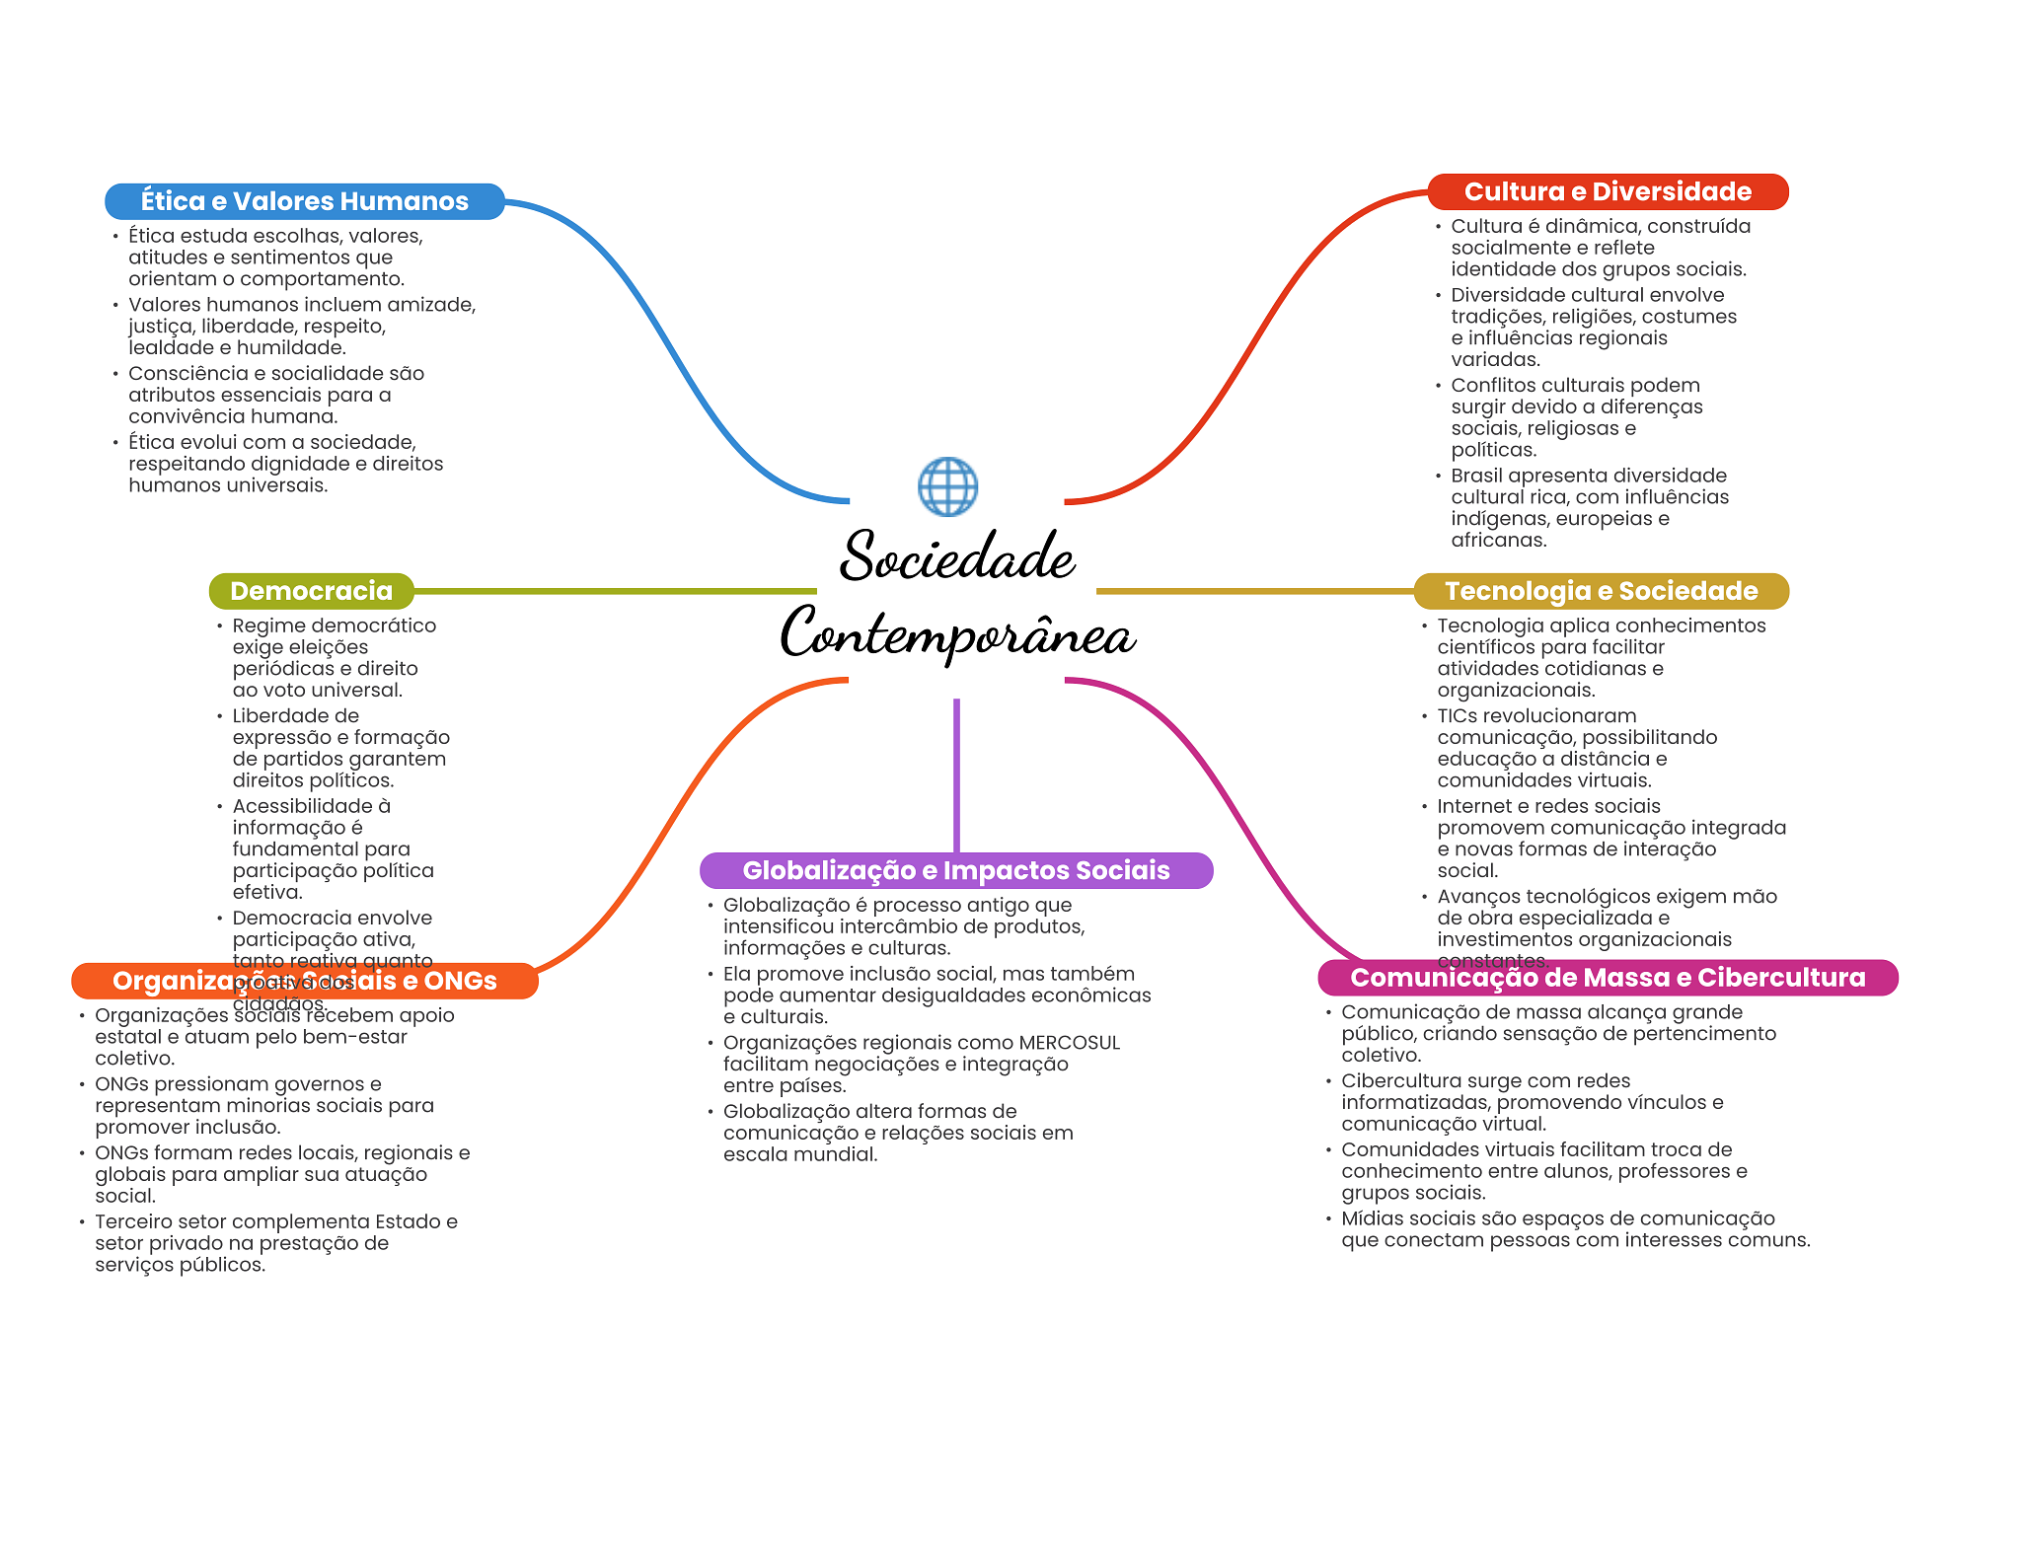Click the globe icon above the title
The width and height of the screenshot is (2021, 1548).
[947, 486]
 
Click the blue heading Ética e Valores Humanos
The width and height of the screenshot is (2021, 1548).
[304, 201]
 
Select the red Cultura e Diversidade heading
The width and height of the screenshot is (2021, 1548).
[1608, 191]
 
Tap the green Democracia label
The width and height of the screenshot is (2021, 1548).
[311, 591]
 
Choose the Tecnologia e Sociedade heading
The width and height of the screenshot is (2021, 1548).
[1601, 591]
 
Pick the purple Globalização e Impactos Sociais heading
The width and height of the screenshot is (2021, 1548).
[955, 870]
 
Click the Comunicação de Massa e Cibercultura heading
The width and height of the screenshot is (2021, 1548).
[1608, 978]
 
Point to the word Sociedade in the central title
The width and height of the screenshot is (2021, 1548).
[956, 556]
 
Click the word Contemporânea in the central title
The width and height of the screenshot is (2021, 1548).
[956, 633]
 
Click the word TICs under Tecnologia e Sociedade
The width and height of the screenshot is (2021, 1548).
[1460, 716]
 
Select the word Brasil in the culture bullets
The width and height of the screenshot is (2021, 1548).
[1476, 476]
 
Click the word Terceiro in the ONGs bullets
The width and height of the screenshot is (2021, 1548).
[133, 1221]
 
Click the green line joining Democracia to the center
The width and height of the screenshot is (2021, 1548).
[612, 591]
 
